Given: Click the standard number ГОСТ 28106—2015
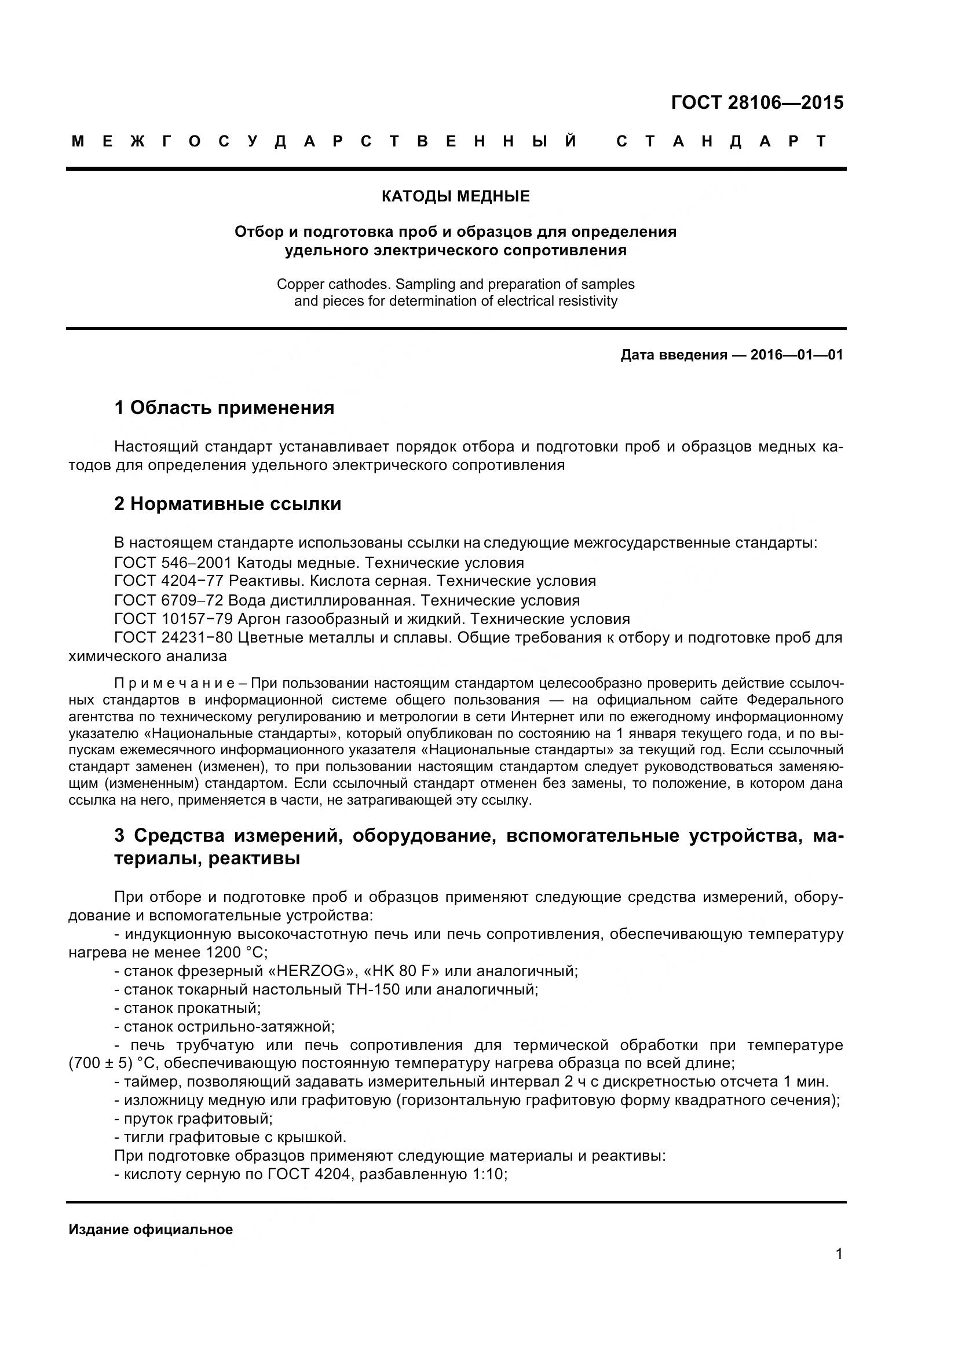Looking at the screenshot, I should pyautogui.click(x=757, y=102).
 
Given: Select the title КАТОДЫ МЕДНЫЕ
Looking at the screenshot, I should pyautogui.click(x=455, y=196).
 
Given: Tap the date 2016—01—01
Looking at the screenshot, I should pyautogui.click(x=796, y=354).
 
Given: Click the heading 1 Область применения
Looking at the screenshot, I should pyautogui.click(x=224, y=408).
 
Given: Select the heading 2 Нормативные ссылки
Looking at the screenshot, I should pyautogui.click(x=228, y=504).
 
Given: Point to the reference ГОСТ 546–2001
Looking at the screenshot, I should pyautogui.click(x=173, y=562).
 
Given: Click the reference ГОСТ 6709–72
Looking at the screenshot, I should pyautogui.click(x=169, y=600).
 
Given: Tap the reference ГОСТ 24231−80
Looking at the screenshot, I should pyautogui.click(x=173, y=637).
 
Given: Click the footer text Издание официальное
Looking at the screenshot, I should pyautogui.click(x=151, y=1230).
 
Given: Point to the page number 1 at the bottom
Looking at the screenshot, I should pyautogui.click(x=839, y=1271).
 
